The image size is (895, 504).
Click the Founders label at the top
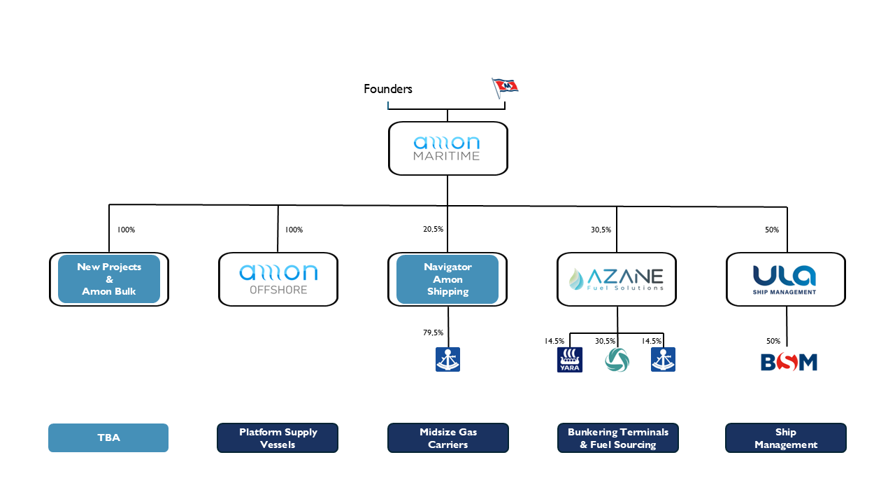coord(388,89)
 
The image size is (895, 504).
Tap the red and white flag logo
coord(505,87)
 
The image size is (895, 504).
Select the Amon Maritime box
coord(447,148)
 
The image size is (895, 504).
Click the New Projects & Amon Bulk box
coord(109,279)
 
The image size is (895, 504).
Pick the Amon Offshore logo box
coord(278,279)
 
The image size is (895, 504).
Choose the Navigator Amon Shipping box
coord(447,279)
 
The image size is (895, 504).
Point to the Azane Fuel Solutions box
coord(617,279)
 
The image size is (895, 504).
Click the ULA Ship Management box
coord(786,279)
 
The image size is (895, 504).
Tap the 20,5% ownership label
coord(433,230)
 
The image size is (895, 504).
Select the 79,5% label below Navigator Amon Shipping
coord(433,333)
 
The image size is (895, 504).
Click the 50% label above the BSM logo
coord(773,341)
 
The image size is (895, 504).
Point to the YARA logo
coord(570,360)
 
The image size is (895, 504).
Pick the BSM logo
coord(789,362)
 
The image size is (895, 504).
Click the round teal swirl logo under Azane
coord(617,360)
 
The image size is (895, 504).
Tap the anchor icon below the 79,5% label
coord(447,360)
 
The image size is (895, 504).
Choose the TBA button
coord(108,438)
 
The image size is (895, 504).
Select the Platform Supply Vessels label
coord(278,438)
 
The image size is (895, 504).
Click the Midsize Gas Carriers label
coord(447,438)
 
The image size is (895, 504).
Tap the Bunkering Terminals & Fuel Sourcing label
coord(617,438)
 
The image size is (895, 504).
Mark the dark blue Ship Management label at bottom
coord(786,438)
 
